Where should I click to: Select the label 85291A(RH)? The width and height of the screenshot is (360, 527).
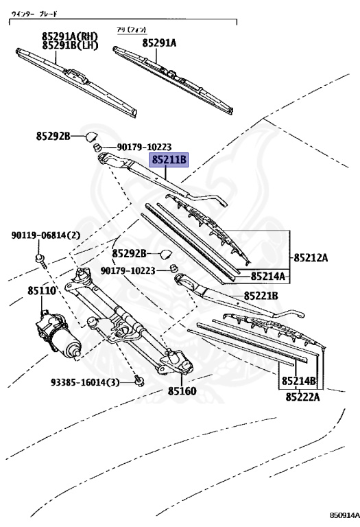click(x=69, y=36)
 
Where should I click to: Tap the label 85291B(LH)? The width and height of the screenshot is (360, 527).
click(x=69, y=46)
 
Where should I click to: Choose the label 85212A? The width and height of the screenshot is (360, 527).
click(x=311, y=258)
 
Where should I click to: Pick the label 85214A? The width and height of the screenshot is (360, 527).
click(x=268, y=277)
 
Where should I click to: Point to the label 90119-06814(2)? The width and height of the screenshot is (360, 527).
click(x=46, y=235)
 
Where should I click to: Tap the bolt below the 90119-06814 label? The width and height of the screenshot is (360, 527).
click(x=40, y=259)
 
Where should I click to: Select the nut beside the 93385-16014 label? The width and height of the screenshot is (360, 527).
click(x=139, y=379)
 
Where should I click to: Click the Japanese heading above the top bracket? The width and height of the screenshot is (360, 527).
click(x=38, y=13)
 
